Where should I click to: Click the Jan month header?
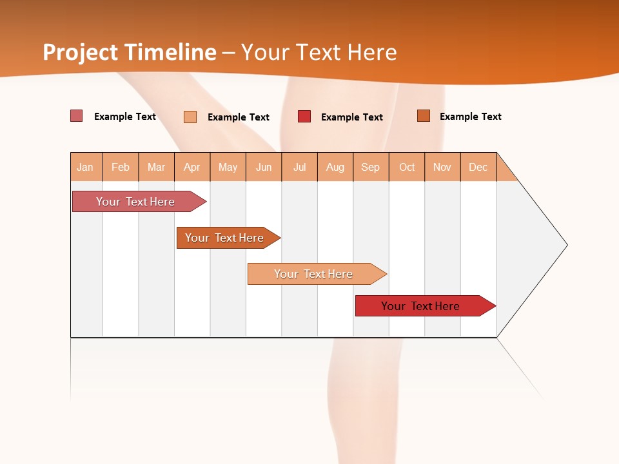click(x=86, y=167)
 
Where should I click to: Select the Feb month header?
click(x=121, y=167)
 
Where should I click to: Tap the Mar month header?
click(x=156, y=167)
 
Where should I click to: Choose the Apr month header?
click(x=192, y=167)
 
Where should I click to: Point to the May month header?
click(x=228, y=167)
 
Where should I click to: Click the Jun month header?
click(x=264, y=167)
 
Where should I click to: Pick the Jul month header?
click(x=299, y=167)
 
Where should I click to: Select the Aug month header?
click(x=335, y=167)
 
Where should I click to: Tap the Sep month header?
click(x=371, y=167)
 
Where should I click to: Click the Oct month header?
click(x=407, y=167)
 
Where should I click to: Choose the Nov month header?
click(x=442, y=167)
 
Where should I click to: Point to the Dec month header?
click(x=478, y=167)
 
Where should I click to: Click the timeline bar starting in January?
click(x=135, y=202)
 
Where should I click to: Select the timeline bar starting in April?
click(x=225, y=238)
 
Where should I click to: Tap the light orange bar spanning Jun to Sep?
click(x=313, y=274)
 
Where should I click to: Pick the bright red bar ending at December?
click(x=421, y=306)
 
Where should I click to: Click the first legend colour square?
click(x=77, y=116)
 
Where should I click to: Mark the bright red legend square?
click(x=304, y=117)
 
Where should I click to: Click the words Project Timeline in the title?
click(x=130, y=52)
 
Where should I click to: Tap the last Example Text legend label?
click(x=470, y=117)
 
